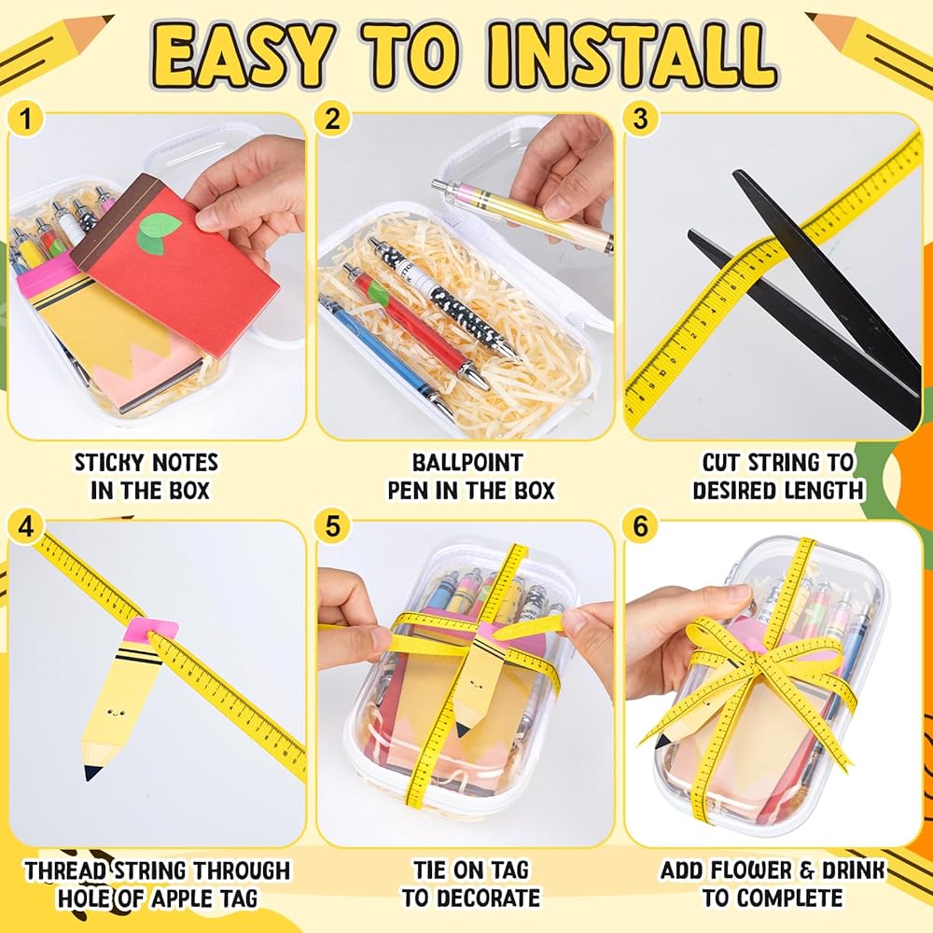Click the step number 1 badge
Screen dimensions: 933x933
pos(25,119)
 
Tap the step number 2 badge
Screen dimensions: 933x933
pos(333,119)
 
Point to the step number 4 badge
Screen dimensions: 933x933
pos(25,526)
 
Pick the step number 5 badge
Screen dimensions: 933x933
pos(333,526)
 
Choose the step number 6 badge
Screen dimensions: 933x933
pos(640,526)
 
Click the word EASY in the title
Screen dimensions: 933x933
pos(244,55)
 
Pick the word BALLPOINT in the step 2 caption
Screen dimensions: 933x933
pos(467,463)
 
